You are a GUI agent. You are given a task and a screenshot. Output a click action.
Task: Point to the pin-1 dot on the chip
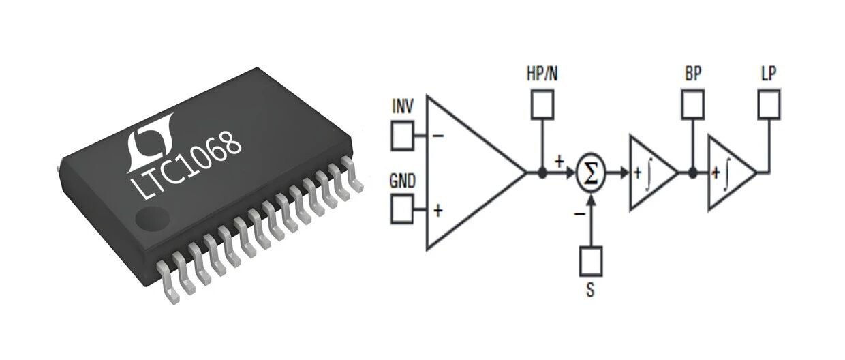[145, 220]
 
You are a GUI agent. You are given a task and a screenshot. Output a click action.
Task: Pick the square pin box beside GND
[402, 209]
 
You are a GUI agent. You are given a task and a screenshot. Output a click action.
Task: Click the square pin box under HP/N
[542, 104]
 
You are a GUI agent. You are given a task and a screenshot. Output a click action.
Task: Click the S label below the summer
[590, 290]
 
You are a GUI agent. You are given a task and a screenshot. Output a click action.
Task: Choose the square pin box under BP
[693, 103]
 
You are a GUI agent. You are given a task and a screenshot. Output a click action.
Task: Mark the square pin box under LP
[769, 103]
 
